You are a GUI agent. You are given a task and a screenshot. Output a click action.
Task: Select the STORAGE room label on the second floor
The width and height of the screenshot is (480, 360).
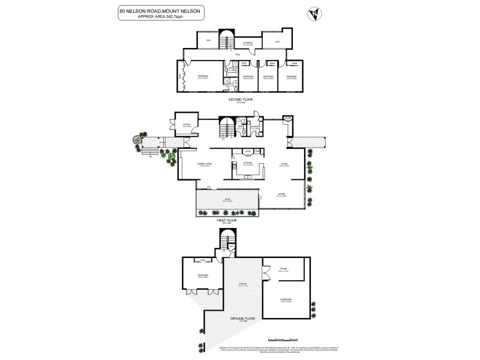(x=247, y=43)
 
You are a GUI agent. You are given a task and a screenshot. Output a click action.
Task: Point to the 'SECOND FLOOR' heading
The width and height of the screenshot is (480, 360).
(x=239, y=99)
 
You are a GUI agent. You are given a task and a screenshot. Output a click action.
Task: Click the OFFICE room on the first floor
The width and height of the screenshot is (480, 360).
(x=187, y=125)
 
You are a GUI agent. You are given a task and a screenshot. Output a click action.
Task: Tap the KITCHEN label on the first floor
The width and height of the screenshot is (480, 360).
(x=247, y=163)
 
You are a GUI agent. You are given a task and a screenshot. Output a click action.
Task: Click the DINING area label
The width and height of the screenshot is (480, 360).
(x=281, y=193)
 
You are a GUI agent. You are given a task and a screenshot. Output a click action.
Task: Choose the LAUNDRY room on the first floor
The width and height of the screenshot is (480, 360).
(x=254, y=127)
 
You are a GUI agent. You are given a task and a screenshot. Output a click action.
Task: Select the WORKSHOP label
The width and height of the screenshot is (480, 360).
(x=285, y=299)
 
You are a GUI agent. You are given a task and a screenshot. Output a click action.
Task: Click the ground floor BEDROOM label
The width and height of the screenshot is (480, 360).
(x=202, y=275)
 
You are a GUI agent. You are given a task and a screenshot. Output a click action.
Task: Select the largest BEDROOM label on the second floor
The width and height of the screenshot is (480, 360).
(x=202, y=76)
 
